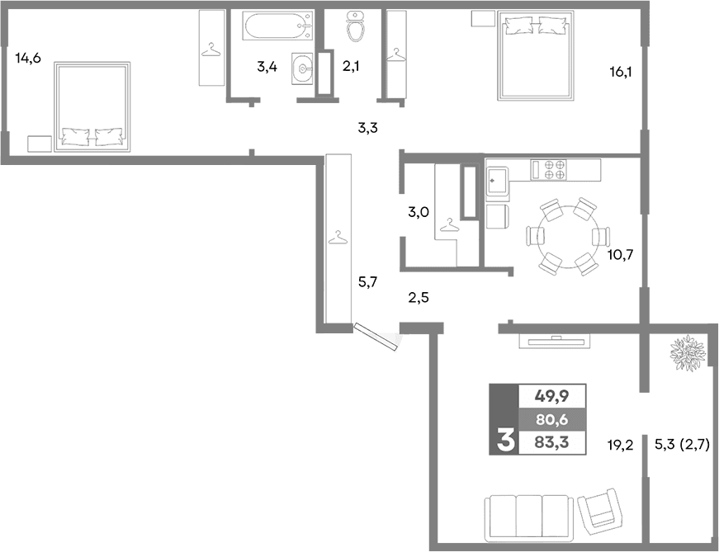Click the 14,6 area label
(x=28, y=58)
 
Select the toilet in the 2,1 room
(x=357, y=27)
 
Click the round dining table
(x=566, y=236)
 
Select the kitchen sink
(x=498, y=178)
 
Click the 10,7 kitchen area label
(x=620, y=254)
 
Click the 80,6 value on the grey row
(x=551, y=419)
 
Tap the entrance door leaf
(x=376, y=337)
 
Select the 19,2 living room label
(x=620, y=446)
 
